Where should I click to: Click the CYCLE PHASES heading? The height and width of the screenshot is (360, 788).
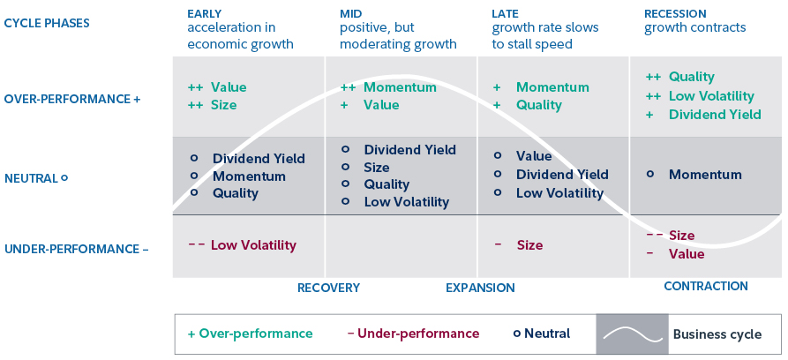tap(47, 22)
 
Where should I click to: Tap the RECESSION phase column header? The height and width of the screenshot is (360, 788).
tap(675, 13)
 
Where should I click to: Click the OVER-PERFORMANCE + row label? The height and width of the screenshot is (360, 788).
tap(72, 99)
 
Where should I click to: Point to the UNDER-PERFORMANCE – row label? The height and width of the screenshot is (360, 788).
tap(77, 249)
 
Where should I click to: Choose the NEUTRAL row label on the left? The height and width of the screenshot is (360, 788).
tap(36, 177)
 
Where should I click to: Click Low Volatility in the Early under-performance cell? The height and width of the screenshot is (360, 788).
tap(253, 245)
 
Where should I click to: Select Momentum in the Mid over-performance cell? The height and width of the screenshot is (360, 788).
tap(400, 87)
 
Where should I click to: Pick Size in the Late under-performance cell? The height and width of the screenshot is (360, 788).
tap(529, 245)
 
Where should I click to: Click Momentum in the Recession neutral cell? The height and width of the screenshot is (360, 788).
tap(705, 175)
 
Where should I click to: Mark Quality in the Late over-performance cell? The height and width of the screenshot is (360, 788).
tap(538, 105)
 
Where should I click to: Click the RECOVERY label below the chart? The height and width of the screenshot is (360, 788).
tap(328, 288)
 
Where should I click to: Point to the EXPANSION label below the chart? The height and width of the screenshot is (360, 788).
tap(480, 288)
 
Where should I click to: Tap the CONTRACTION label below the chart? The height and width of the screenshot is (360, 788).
tap(705, 286)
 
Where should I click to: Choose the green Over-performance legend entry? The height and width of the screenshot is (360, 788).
tap(251, 334)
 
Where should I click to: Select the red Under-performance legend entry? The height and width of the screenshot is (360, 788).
tap(413, 334)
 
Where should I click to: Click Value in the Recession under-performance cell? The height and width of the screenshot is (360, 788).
tap(687, 254)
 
